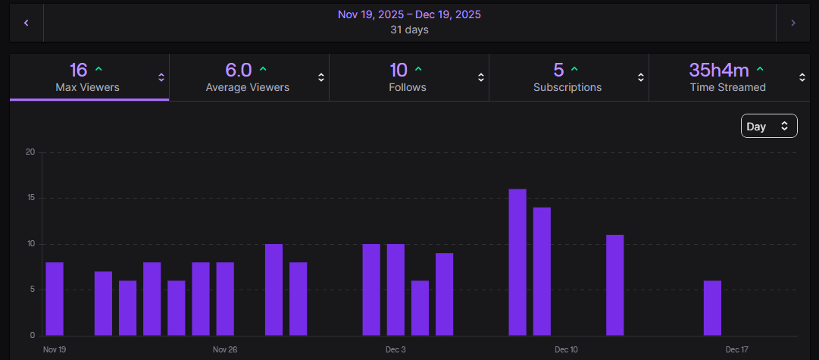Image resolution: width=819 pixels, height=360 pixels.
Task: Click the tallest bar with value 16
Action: pos(517,262)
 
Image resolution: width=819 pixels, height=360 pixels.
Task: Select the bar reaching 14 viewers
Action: pos(542,271)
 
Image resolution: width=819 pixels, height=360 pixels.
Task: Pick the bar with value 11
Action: pos(615,285)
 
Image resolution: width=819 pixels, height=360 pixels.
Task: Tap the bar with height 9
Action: pos(445,294)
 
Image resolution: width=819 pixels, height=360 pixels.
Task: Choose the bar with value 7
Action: pos(103,303)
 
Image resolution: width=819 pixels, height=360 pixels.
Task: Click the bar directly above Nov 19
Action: pos(55,299)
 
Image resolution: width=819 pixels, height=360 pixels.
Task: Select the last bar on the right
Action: pos(712,308)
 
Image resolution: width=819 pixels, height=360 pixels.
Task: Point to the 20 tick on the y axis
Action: pos(30,152)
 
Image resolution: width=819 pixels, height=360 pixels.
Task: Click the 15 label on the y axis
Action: pos(30,198)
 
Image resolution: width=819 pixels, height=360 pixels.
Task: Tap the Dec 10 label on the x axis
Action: pos(566,349)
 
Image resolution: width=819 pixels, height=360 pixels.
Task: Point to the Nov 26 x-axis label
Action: pos(225,349)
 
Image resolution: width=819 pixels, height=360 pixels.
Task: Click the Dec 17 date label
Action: pos(737,349)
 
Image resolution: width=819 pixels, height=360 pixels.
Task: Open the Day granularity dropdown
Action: pos(768,127)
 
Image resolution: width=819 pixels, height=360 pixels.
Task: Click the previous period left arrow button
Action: pos(27,23)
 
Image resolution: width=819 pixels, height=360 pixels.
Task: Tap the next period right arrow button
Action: pos(793,23)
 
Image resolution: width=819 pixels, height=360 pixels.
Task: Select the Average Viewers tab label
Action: pos(247,87)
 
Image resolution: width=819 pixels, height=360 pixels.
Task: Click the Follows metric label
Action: pos(408,87)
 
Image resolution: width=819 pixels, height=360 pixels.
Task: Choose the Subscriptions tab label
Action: pos(567,87)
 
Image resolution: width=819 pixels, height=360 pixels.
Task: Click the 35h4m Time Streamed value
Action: pos(718,70)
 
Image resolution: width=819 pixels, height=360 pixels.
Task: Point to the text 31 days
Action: pos(409,30)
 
